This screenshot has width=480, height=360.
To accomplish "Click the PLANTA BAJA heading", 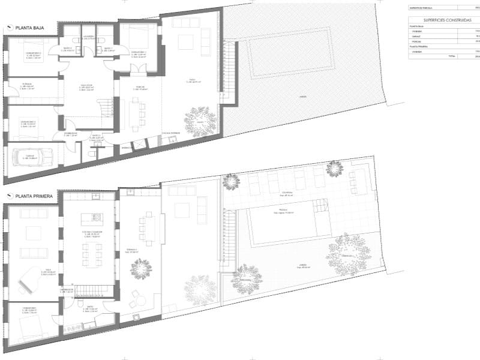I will (x=30, y=28).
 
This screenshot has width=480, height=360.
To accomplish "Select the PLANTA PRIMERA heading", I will (x=34, y=196).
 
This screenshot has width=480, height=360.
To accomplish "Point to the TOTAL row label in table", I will (x=450, y=56).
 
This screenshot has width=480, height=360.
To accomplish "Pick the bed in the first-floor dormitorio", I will (x=30, y=327).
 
